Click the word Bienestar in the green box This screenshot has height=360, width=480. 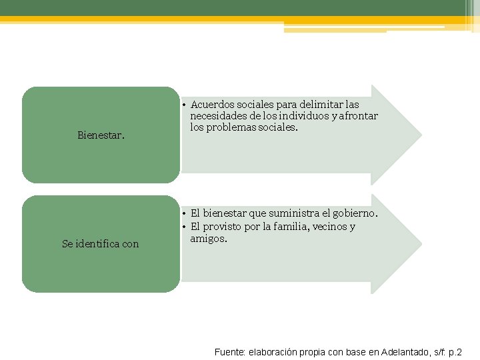[101, 135]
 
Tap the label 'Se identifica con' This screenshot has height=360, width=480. [101, 244]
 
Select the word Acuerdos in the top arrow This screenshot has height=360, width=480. [211, 105]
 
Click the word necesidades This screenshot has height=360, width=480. [219, 116]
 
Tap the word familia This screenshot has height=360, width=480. [293, 227]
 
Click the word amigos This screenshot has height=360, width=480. [208, 238]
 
